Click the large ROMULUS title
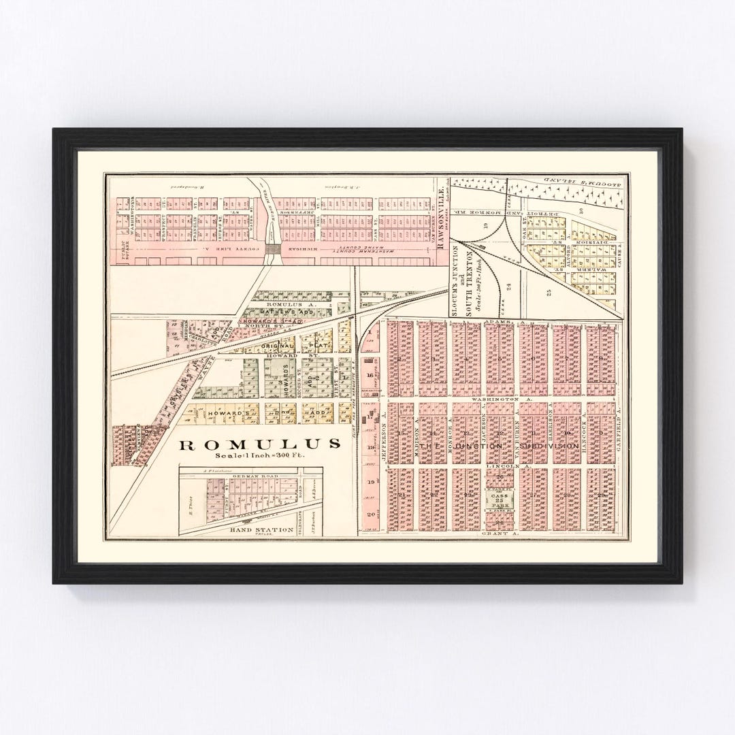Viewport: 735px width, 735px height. click(x=259, y=444)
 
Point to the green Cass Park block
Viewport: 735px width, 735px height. click(x=500, y=501)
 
